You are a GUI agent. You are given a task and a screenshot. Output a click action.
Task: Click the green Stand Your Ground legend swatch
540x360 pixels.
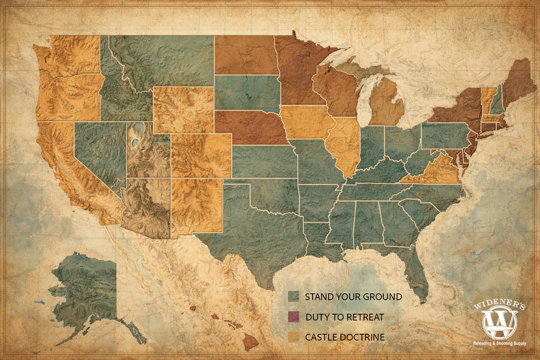tap(293, 297)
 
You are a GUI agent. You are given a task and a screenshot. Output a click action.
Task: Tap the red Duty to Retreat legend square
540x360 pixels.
tap(293, 317)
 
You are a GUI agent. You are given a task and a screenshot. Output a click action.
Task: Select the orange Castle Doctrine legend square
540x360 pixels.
tap(293, 337)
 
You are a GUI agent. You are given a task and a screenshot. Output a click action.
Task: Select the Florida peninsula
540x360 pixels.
tap(417, 274)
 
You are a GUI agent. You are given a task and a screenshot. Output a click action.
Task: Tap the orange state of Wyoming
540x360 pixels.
tap(183, 109)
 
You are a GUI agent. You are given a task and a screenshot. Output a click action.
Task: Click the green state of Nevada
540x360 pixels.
tap(100, 150)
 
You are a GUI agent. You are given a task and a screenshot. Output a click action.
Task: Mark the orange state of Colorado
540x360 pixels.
tap(201, 155)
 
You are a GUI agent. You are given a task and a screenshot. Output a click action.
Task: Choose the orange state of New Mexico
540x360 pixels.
tap(196, 206)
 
